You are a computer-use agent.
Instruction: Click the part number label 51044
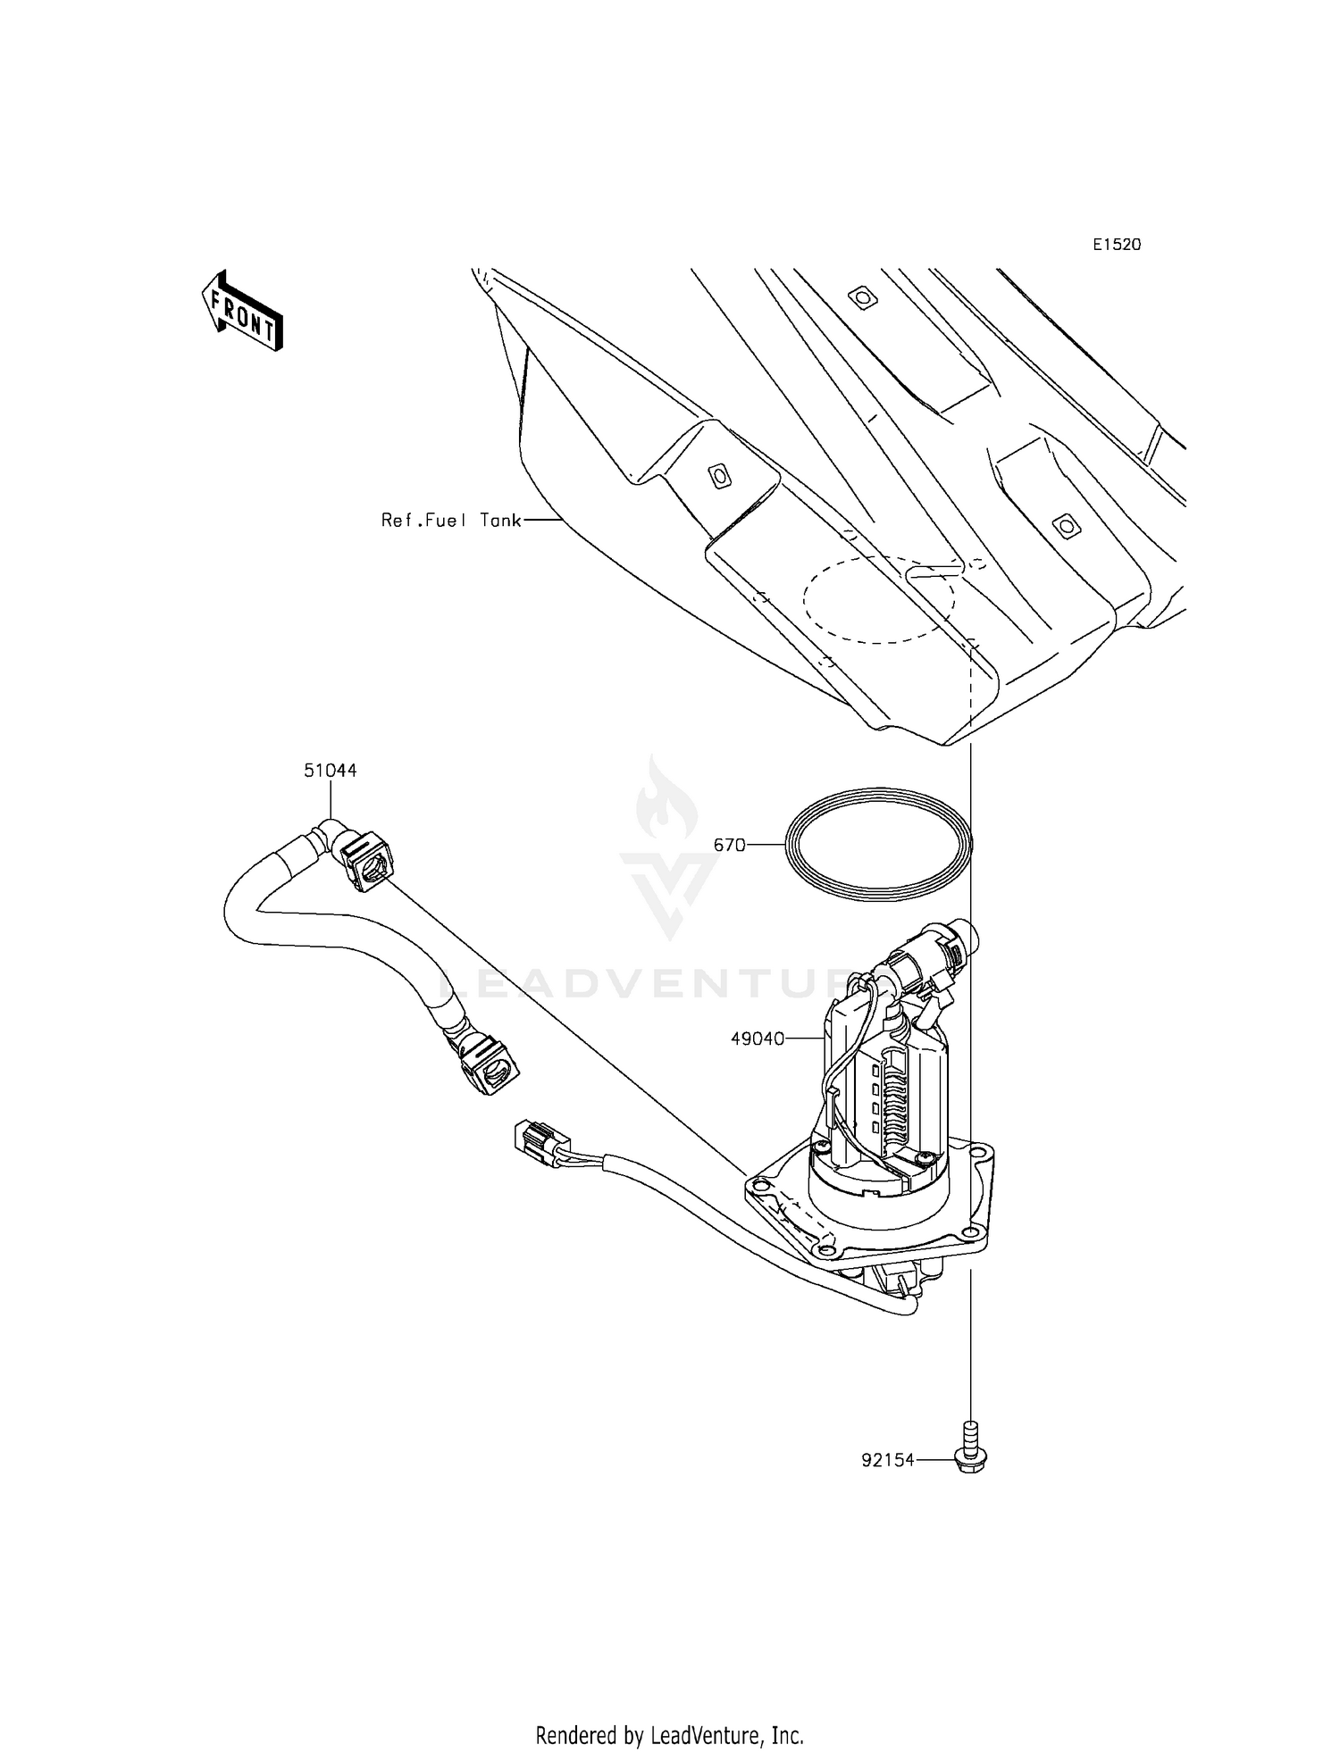330,770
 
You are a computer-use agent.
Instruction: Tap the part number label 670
729,845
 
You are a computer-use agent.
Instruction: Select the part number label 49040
758,1039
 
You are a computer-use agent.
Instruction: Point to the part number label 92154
888,1461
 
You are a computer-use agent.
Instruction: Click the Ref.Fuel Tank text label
451,520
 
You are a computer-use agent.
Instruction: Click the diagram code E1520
1117,245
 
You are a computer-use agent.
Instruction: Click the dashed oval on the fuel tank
878,597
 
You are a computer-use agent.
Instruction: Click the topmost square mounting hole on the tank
860,296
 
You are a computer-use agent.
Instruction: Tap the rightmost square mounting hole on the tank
1063,526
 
